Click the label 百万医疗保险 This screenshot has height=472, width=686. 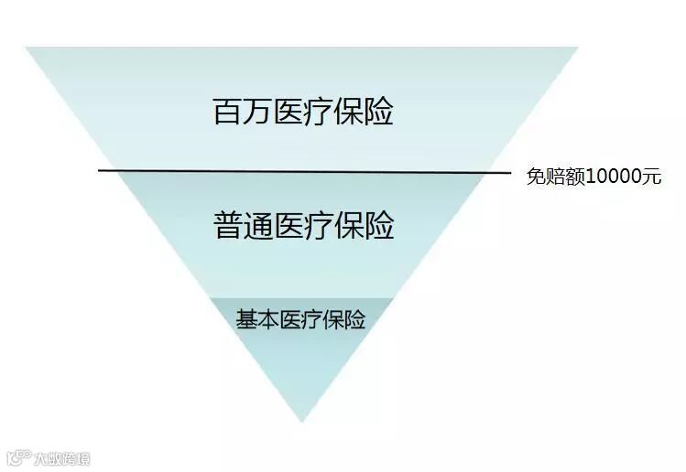click(x=303, y=113)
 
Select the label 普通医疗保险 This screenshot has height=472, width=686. click(x=303, y=225)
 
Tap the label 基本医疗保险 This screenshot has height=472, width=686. click(x=300, y=320)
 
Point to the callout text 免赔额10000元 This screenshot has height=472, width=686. click(x=593, y=177)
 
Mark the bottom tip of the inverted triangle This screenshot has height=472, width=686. click(x=301, y=422)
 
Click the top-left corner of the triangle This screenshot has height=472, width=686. click(x=27, y=48)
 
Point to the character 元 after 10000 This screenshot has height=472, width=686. click(x=651, y=177)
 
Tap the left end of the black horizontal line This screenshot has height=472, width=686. click(x=99, y=170)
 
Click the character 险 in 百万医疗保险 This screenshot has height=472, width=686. click(x=379, y=113)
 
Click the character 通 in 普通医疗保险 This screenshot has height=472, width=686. click(x=258, y=225)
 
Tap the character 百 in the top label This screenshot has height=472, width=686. click(x=227, y=113)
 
